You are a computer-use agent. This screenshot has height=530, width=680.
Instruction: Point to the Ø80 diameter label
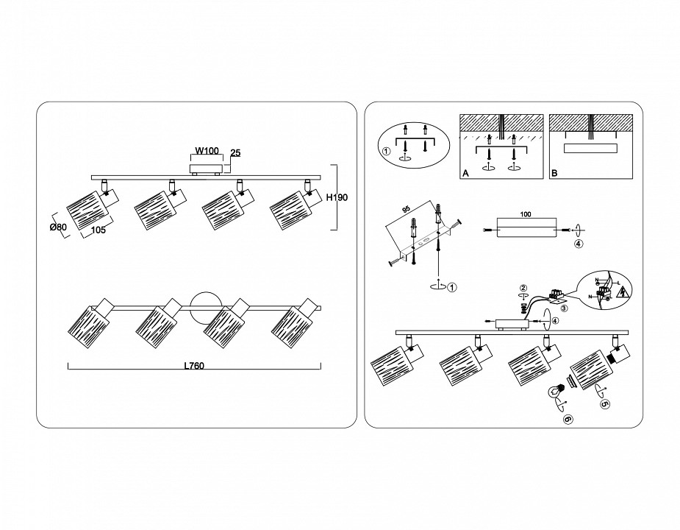coord(58,227)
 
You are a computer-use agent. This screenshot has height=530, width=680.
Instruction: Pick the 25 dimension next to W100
coord(235,153)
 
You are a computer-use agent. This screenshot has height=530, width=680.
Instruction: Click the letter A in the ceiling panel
coord(465,174)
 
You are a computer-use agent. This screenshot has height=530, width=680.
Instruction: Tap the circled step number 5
coord(604,404)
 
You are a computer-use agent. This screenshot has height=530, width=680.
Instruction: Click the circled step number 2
coord(523,288)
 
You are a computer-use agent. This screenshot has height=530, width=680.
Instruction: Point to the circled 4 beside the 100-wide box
coord(579,245)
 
